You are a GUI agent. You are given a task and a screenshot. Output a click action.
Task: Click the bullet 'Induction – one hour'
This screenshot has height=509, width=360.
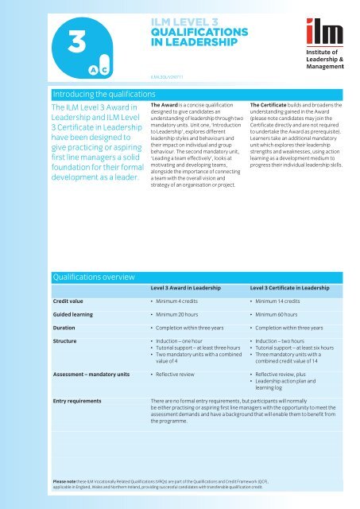[x=183, y=361]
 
